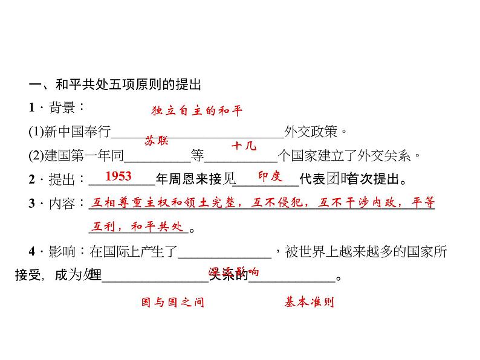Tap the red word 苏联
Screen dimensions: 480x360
coord(157,141)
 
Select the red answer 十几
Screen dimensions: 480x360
coord(244,146)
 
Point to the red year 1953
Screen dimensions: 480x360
coord(118,176)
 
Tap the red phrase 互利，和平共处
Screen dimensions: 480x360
coord(136,227)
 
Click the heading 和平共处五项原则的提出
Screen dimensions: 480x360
coord(118,84)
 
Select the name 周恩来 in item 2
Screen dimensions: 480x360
coord(192,179)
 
